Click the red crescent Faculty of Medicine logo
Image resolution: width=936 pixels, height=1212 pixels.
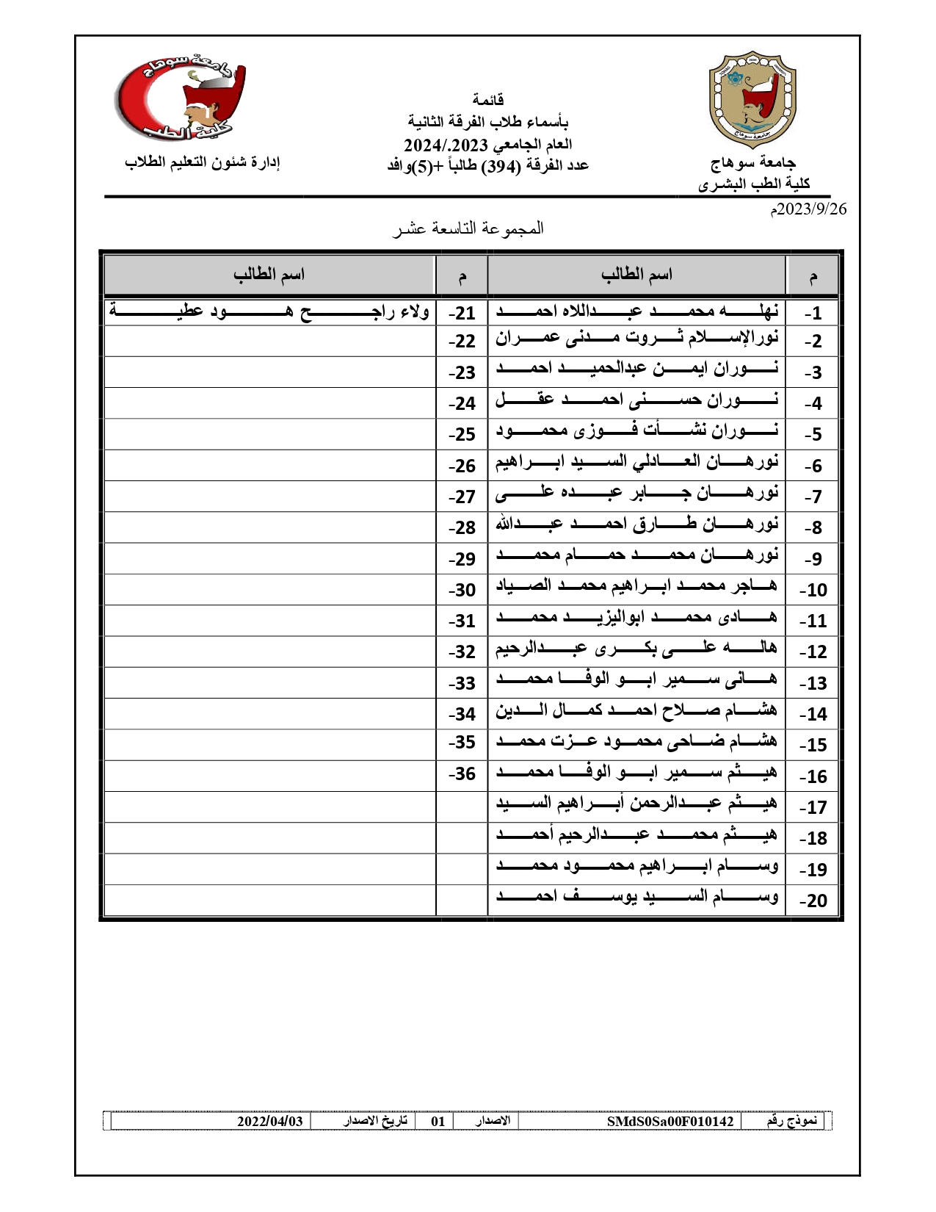click(181, 98)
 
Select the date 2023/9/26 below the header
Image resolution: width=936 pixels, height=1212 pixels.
click(808, 209)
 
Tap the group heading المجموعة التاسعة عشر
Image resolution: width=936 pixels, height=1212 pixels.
click(468, 228)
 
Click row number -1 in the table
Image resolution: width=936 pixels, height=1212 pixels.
click(812, 314)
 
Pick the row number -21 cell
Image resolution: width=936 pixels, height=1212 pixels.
click(462, 314)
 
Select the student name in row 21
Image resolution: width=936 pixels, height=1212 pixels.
click(269, 311)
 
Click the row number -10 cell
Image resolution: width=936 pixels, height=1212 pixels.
click(812, 590)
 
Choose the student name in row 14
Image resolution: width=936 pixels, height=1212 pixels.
click(636, 712)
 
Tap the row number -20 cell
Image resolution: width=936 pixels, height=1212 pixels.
click(812, 901)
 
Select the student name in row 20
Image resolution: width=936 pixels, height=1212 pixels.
click(636, 898)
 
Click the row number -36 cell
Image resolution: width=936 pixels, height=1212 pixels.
click(462, 774)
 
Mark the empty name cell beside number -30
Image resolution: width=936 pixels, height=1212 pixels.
click(269, 590)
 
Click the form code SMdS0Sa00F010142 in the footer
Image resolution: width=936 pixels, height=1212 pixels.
click(670, 1122)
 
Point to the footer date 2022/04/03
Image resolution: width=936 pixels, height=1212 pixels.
click(269, 1122)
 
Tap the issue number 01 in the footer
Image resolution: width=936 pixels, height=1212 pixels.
click(438, 1122)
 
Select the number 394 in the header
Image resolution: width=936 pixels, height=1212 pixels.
click(500, 166)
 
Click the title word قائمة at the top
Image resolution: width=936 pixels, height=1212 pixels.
click(487, 99)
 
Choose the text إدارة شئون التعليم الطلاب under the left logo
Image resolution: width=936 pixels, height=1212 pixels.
click(203, 162)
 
